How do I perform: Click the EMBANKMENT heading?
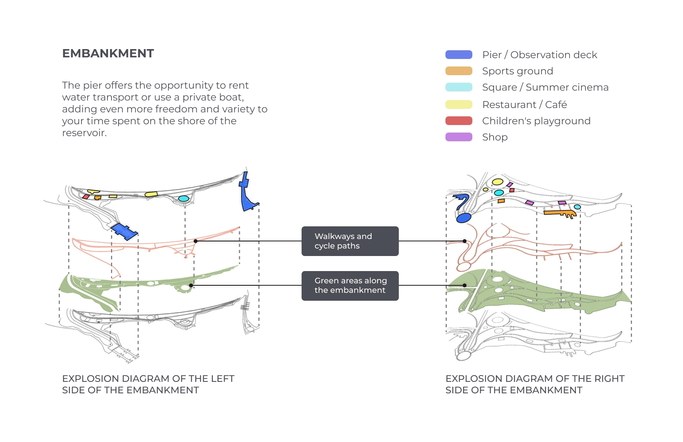[x=108, y=53]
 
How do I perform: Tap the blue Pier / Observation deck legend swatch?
[x=458, y=55]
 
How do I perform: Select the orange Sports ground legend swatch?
[x=458, y=71]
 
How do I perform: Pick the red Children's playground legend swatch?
[x=458, y=121]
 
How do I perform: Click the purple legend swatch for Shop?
[x=458, y=137]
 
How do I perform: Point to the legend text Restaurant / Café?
[x=524, y=104]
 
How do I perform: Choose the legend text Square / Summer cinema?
[x=545, y=87]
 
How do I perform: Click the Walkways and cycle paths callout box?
[x=350, y=241]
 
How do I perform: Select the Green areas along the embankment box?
[x=350, y=285]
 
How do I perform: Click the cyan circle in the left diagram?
[x=183, y=199]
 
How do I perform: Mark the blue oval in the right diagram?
[x=464, y=218]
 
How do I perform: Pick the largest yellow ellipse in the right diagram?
[x=497, y=182]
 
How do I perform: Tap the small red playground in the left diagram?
[x=85, y=197]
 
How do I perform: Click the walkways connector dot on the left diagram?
[x=196, y=241]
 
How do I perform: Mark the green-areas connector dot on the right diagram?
[x=465, y=285]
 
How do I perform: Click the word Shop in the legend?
[x=494, y=137]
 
